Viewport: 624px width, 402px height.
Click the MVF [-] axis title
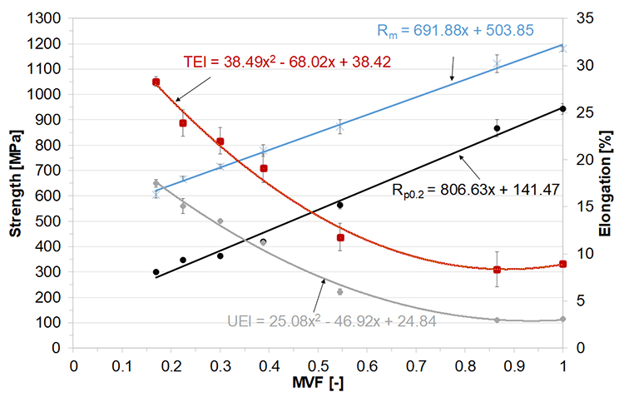pyautogui.click(x=318, y=385)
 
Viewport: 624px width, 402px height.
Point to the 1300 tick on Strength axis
pyautogui.click(x=47, y=18)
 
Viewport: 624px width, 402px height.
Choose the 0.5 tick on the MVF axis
pyautogui.click(x=318, y=365)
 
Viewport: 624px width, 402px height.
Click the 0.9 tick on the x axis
pyautogui.click(x=514, y=365)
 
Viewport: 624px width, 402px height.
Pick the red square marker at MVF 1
pyautogui.click(x=563, y=264)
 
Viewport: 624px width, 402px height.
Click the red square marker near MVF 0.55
pyautogui.click(x=340, y=238)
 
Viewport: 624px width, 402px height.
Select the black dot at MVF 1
pyautogui.click(x=563, y=109)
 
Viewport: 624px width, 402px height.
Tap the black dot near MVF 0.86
pyautogui.click(x=497, y=128)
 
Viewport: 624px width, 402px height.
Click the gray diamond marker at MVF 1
pyautogui.click(x=563, y=319)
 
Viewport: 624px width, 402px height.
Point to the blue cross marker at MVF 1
pyautogui.click(x=563, y=47)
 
